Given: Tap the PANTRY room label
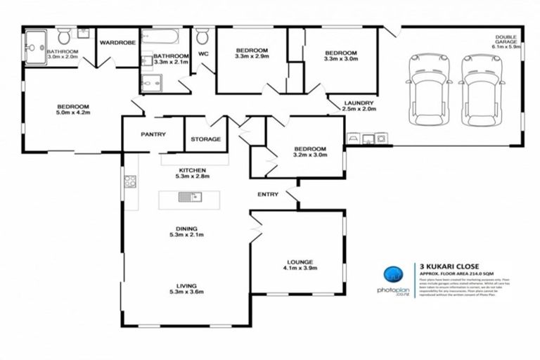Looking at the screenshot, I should tap(153, 134).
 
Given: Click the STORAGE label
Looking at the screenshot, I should tap(206, 139).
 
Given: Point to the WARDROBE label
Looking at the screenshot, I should tap(116, 43).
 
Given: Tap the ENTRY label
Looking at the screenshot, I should tap(268, 195).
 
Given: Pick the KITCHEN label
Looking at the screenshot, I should tap(191, 171).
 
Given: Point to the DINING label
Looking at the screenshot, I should tap(186, 229).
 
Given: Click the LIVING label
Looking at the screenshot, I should tap(186, 285).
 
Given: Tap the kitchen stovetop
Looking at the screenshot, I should tap(130, 182).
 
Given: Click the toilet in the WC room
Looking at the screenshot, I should tap(202, 36).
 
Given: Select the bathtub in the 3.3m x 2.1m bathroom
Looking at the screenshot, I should tap(163, 37).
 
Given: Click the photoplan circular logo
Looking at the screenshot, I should tap(394, 276).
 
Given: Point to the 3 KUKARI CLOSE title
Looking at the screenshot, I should tap(449, 266).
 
